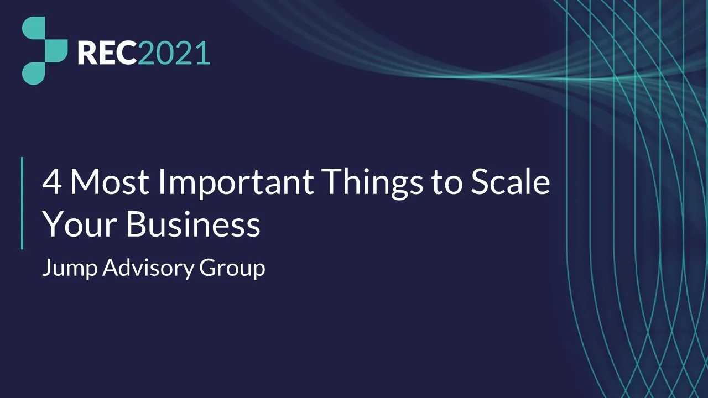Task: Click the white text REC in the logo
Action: (107, 53)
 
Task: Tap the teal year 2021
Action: (174, 53)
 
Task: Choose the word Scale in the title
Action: (510, 182)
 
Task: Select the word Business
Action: (192, 225)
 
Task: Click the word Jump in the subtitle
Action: (70, 269)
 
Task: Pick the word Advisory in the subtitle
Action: (148, 269)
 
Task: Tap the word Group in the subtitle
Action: (232, 269)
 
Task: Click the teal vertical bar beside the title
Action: (22, 203)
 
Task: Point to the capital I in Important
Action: (162, 182)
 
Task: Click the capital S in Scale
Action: (481, 182)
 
